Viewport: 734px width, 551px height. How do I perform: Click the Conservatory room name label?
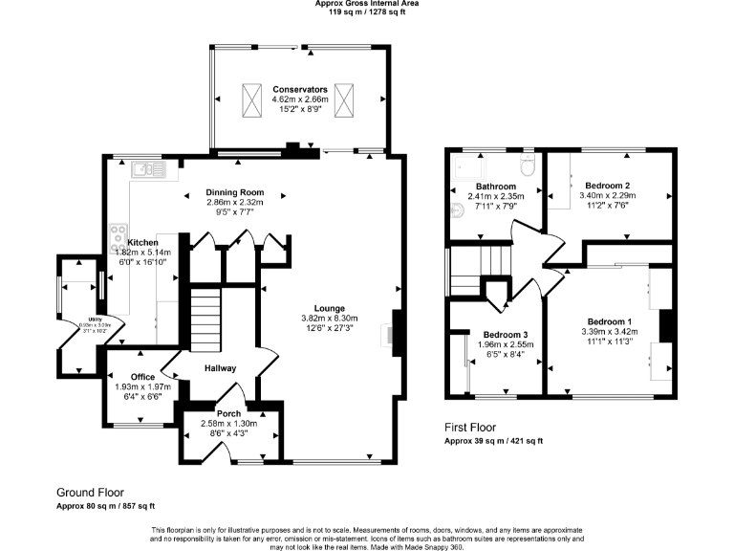click(x=299, y=89)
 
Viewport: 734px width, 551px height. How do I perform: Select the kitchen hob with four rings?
click(x=120, y=233)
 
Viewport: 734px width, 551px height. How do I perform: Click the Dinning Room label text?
click(x=234, y=192)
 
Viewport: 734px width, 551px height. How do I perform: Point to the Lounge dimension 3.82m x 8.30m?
click(x=330, y=319)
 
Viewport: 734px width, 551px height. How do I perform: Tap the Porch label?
click(x=227, y=413)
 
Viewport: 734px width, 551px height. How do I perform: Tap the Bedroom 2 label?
click(x=607, y=185)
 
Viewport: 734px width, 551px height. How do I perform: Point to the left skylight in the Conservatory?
click(x=252, y=98)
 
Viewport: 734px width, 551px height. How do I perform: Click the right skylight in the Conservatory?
click(x=343, y=98)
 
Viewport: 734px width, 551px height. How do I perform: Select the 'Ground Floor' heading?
click(x=90, y=492)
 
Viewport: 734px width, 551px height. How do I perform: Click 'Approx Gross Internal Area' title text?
click(x=367, y=4)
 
